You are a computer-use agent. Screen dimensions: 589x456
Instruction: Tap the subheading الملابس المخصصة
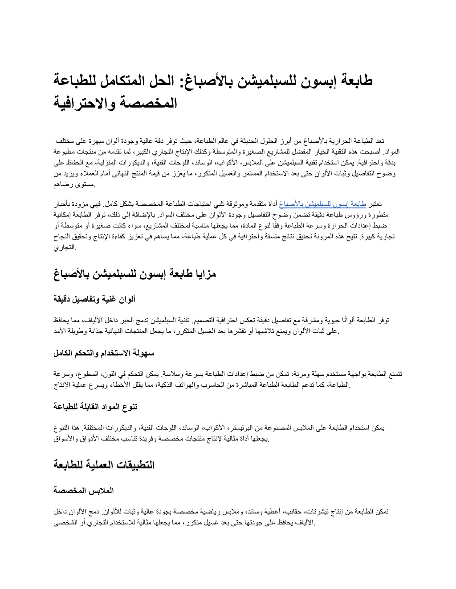coord(84,491)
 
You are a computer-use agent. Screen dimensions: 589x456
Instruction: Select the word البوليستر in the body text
coord(244,428)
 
